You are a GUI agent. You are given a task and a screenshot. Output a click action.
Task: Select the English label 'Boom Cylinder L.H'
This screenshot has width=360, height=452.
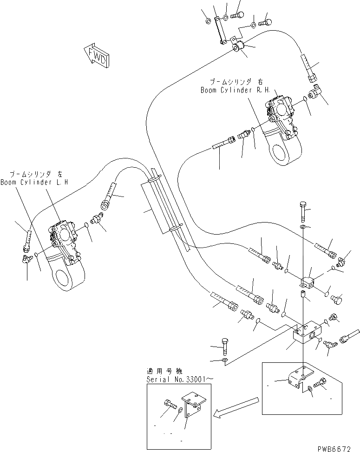click(x=33, y=183)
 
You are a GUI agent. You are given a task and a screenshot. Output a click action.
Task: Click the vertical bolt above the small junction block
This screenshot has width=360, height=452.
click(x=303, y=210)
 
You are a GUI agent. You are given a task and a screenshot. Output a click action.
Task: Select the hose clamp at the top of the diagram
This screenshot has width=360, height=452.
click(x=240, y=46)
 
